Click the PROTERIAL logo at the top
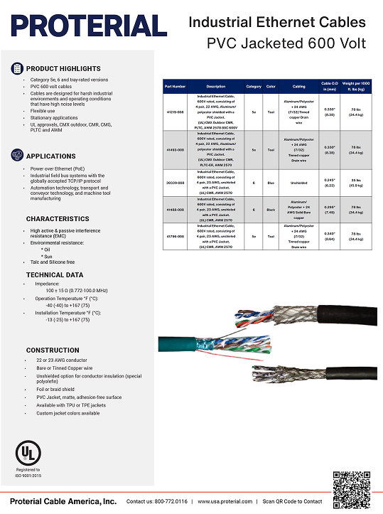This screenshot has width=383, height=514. click(x=83, y=26)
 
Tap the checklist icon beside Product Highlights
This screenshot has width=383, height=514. click(x=17, y=68)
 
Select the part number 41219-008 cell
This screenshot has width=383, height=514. click(x=175, y=112)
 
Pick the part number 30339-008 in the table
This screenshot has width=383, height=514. click(x=175, y=183)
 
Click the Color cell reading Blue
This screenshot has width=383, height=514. click(x=270, y=183)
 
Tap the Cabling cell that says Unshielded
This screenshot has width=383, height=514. click(x=298, y=183)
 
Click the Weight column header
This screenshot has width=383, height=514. click(x=357, y=86)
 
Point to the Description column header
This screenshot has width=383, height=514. click(x=216, y=86)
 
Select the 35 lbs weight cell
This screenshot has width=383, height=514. click(x=357, y=183)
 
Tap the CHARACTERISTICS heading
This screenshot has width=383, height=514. click(x=58, y=219)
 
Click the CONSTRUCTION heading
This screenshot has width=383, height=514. click(x=53, y=350)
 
